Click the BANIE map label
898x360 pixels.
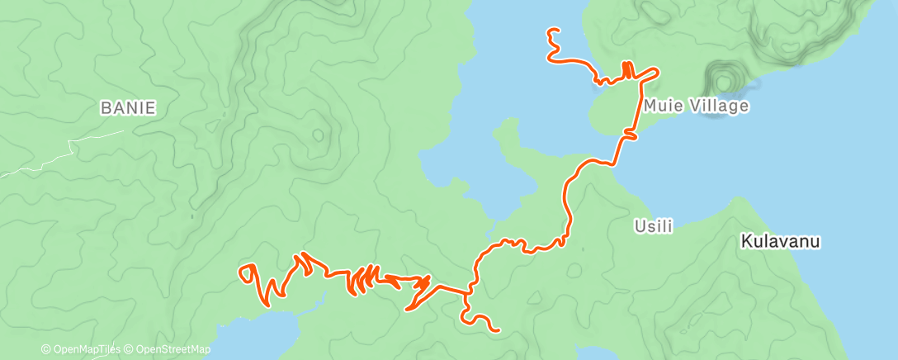pyautogui.click(x=128, y=107)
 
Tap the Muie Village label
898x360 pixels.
pyautogui.click(x=696, y=106)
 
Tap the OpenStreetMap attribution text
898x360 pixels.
pyautogui.click(x=168, y=350)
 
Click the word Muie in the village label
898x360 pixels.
pyautogui.click(x=661, y=106)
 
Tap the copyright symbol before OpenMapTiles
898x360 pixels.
pyautogui.click(x=46, y=350)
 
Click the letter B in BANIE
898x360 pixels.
pyautogui.click(x=105, y=107)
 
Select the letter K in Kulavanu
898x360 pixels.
pyautogui.click(x=746, y=242)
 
